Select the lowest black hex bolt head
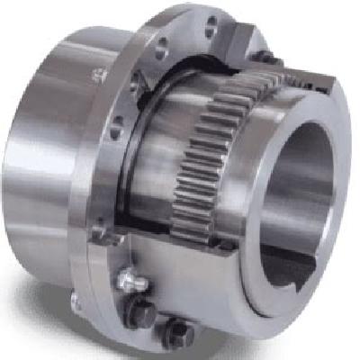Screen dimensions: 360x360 pos(175,335)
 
